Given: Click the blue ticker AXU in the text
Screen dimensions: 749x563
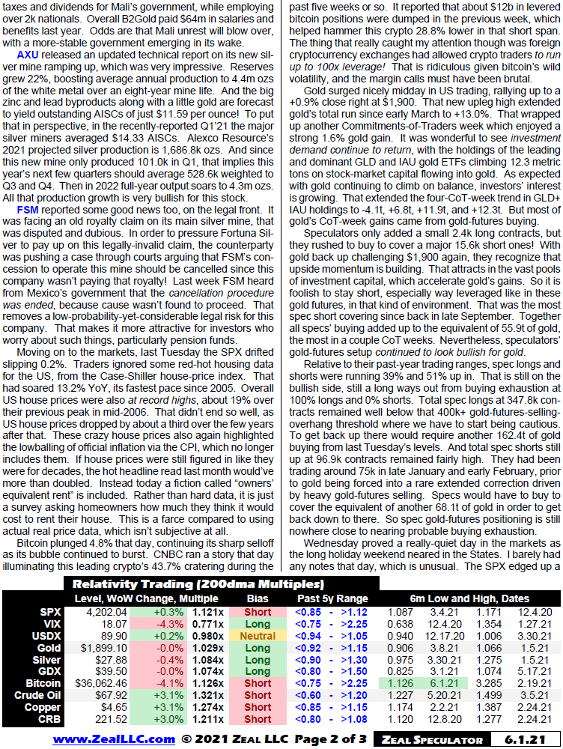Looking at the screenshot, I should [28, 55].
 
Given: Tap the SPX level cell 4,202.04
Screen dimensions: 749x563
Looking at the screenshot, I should [108, 612].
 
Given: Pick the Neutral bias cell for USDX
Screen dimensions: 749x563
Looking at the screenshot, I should [258, 635].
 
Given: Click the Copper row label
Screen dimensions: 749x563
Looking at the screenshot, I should [44, 707].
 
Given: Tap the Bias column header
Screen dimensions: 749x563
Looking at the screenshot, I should [258, 599].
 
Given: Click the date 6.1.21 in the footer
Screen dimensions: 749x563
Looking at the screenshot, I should [524, 740].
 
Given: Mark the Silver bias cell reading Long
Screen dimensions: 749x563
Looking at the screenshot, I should [258, 659].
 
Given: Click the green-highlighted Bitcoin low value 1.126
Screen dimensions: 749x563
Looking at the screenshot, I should [400, 683].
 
